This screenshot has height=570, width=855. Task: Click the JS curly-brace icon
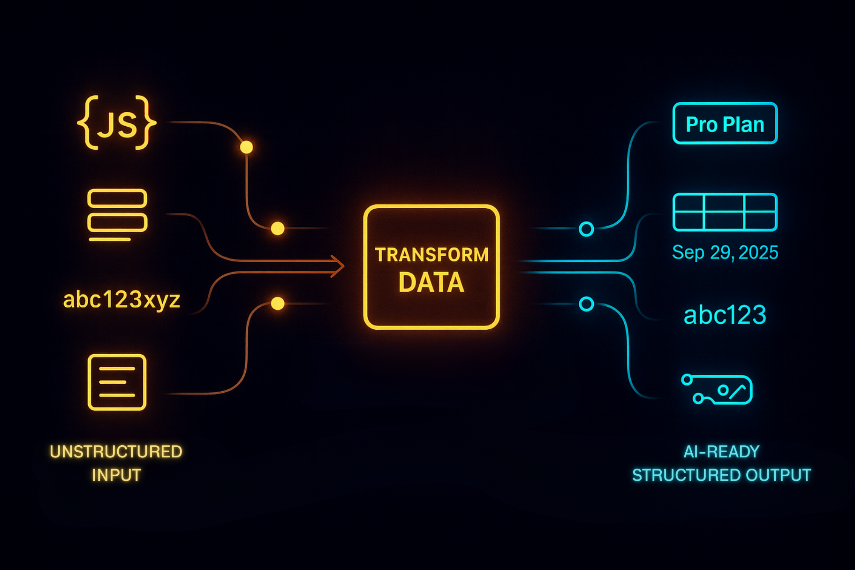(x=117, y=123)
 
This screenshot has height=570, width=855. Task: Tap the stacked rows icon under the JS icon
(x=117, y=214)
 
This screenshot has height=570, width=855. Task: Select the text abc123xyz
(x=121, y=300)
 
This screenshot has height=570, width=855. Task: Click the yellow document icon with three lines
(x=117, y=382)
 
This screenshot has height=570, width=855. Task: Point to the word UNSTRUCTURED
(x=116, y=451)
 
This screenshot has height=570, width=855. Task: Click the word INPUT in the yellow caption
(x=116, y=475)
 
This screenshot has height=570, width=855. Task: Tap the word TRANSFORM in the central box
(x=431, y=255)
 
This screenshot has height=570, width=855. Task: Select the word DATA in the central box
(x=431, y=282)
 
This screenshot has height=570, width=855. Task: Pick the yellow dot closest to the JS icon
(x=246, y=147)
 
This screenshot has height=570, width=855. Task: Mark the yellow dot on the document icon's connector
(x=278, y=304)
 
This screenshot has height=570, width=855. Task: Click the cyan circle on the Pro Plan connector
(x=586, y=229)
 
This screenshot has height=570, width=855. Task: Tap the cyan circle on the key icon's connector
(x=586, y=304)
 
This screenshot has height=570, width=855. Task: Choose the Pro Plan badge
(x=725, y=123)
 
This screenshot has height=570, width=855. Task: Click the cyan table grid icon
(x=725, y=212)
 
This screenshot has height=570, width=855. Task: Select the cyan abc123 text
(x=725, y=315)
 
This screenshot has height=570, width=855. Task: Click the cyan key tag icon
(x=718, y=389)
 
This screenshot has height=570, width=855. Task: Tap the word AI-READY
(x=721, y=451)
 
